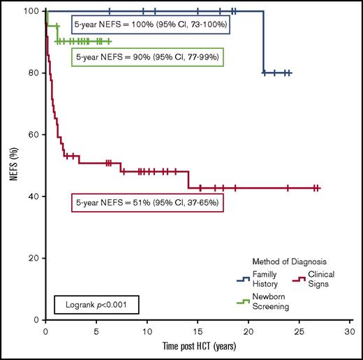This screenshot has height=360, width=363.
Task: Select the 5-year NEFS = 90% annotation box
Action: pos(147,57)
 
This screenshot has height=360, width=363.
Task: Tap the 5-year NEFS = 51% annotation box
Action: pos(147,203)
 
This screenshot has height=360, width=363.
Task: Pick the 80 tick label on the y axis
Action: pos(33,73)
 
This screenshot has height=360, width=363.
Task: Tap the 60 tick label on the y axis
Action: pos(33,135)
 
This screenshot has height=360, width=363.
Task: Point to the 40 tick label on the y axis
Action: pos(33,196)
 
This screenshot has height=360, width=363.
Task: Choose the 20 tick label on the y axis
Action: pos(33,258)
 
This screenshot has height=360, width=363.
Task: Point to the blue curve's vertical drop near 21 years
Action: pos(263,42)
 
